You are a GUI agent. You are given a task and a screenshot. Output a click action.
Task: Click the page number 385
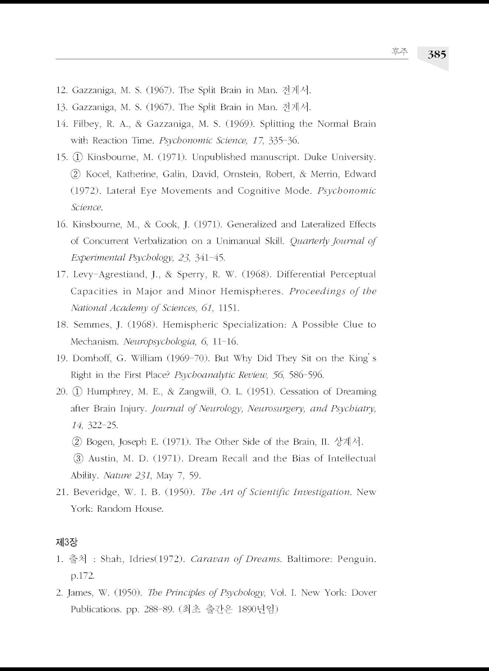(x=437, y=54)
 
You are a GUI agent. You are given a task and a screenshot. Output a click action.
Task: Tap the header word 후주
(x=400, y=52)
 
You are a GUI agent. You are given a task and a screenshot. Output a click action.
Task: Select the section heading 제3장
(x=66, y=542)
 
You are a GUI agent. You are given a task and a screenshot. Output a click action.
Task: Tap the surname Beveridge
(x=95, y=492)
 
